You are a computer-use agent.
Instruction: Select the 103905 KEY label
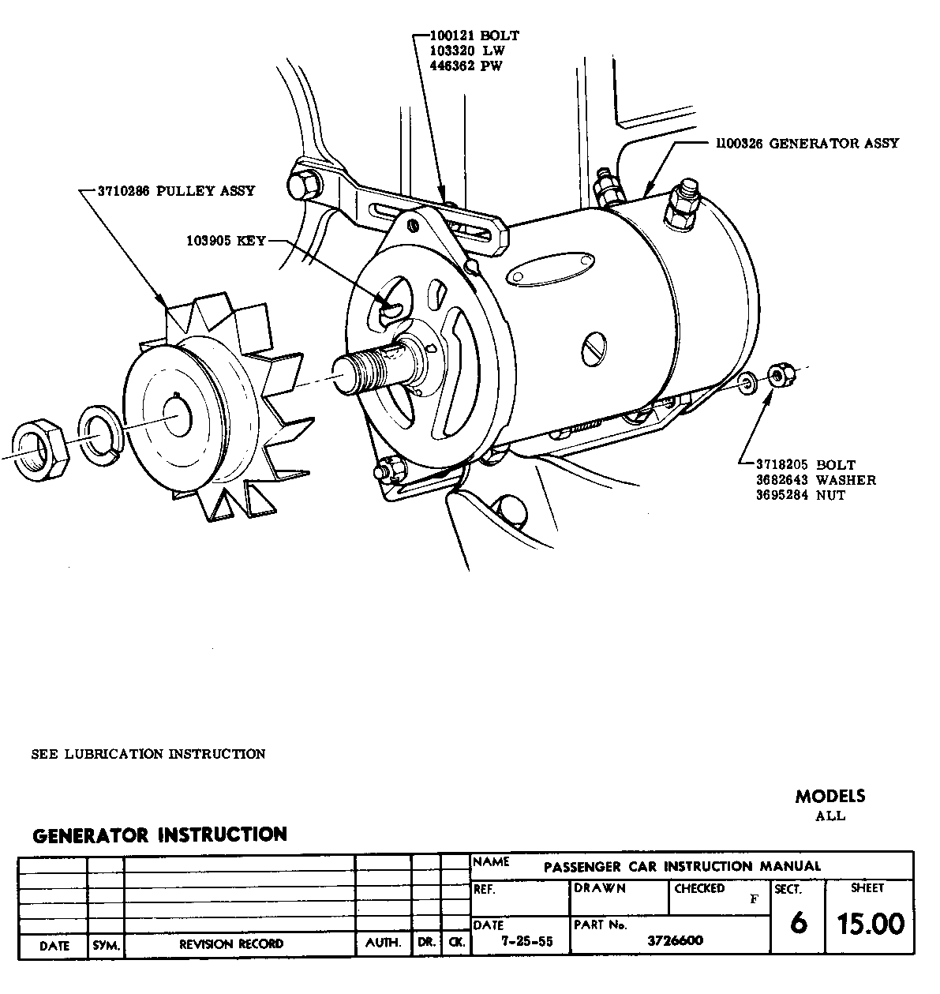pos(227,241)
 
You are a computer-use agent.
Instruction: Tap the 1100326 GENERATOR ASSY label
pos(807,144)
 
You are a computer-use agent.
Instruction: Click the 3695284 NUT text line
pos(800,495)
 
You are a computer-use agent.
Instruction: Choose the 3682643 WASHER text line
pos(815,480)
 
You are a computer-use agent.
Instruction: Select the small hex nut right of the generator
pos(781,376)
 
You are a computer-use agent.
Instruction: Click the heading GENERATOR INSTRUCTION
pos(159,835)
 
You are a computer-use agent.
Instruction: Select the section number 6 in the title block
pos(798,923)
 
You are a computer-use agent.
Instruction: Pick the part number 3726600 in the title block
pos(675,940)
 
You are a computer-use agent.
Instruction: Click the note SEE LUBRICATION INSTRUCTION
pos(148,754)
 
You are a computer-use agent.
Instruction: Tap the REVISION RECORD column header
pos(231,943)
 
